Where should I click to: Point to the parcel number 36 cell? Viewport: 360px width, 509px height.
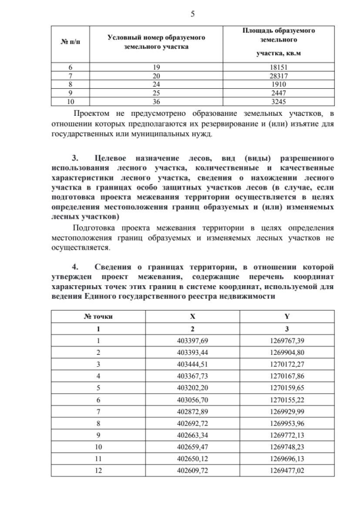pyautogui.click(x=156, y=102)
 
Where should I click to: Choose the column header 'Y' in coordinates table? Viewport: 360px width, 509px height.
pyautogui.click(x=287, y=317)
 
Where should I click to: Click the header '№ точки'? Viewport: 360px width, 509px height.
pyautogui.click(x=98, y=317)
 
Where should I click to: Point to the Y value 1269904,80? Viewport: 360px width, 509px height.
pyautogui.click(x=287, y=353)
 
